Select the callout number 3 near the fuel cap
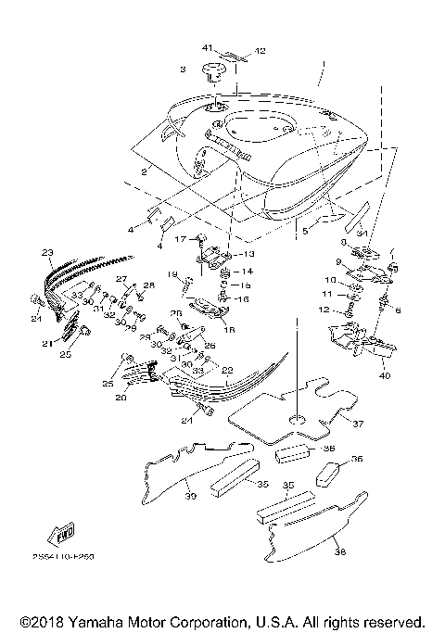coord(184,70)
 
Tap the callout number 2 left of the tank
coord(144,172)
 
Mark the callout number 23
coord(47,251)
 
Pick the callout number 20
coord(121,398)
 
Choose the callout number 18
coord(229,328)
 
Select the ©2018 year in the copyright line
coord(38,620)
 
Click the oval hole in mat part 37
coord(299,423)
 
